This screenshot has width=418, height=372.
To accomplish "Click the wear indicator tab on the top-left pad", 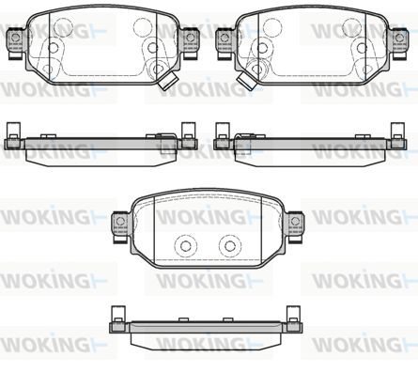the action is [166, 81].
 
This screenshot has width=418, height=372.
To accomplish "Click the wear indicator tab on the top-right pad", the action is [246, 81].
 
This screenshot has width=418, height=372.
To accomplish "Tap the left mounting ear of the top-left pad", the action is [15, 43].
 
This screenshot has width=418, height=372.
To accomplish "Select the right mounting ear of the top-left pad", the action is [190, 43].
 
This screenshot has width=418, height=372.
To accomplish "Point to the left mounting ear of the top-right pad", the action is [224, 43].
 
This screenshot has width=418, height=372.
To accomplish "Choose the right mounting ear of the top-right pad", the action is [399, 43].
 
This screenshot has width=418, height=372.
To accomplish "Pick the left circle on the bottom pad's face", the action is [186, 246].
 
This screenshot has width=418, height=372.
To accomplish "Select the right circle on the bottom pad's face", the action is [230, 246].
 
